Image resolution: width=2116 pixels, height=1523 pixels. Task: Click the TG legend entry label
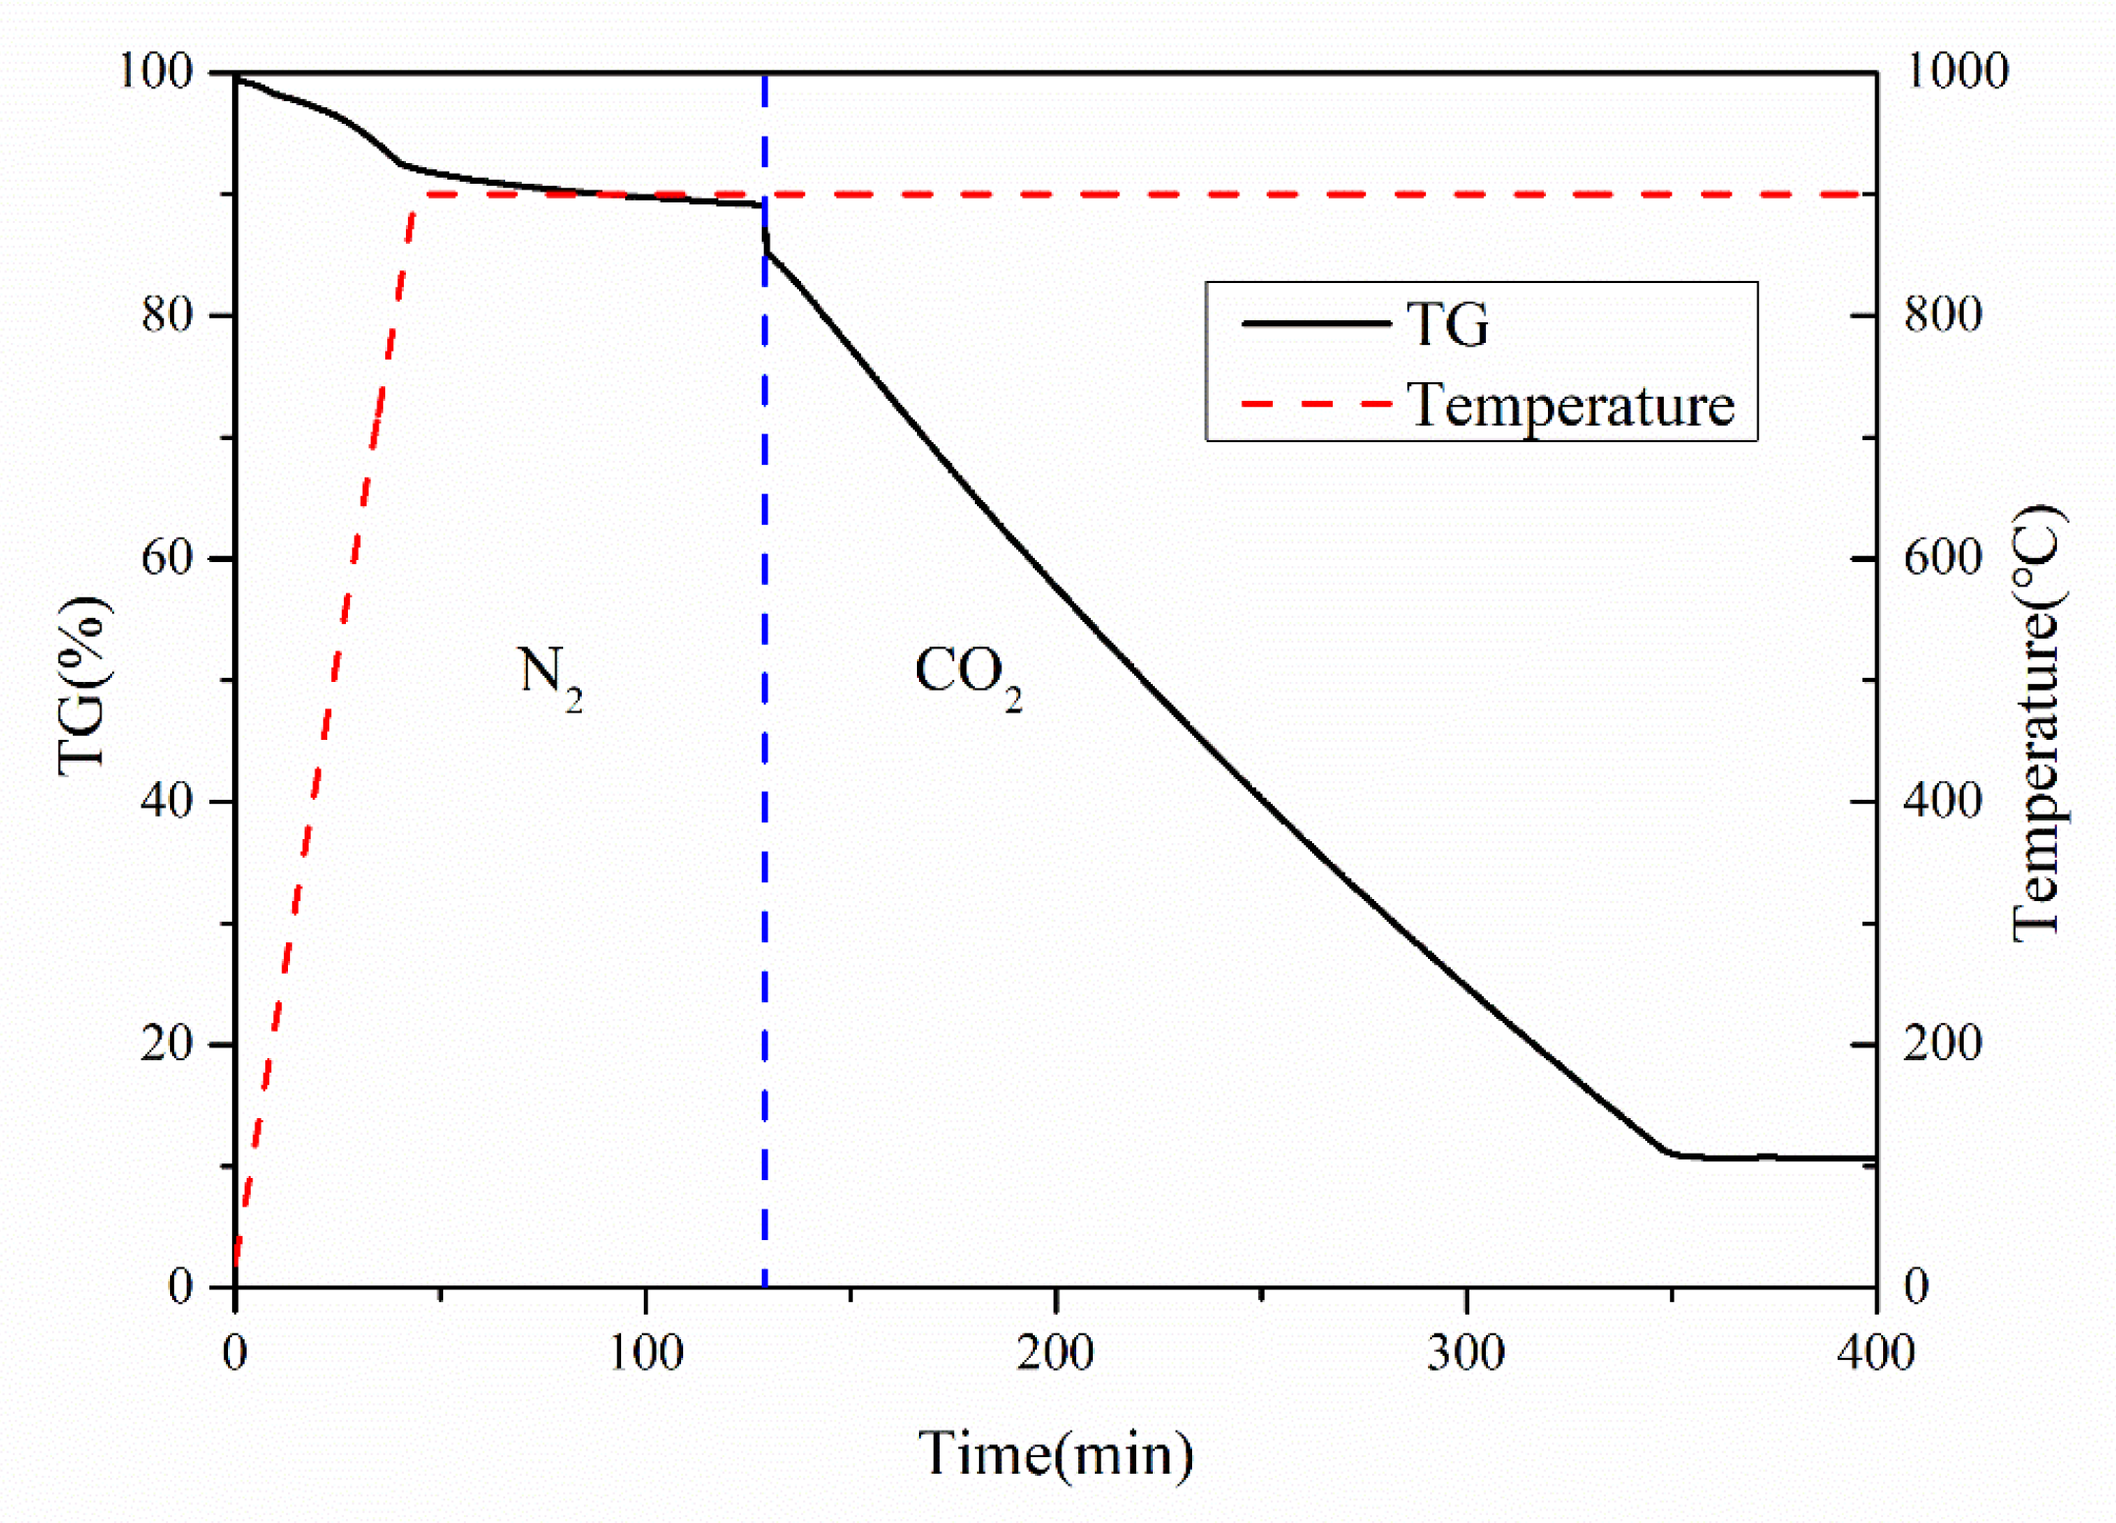1448,324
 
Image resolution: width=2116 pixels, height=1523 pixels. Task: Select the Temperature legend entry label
1571,404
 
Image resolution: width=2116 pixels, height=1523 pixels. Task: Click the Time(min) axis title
1057,1453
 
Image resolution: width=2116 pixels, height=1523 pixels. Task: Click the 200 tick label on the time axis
1056,1353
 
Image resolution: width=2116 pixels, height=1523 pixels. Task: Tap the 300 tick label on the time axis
1466,1353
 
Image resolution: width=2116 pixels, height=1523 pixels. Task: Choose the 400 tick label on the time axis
1875,1353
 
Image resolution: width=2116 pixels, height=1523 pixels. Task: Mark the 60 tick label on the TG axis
167,558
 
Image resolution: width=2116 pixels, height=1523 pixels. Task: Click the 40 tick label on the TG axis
167,801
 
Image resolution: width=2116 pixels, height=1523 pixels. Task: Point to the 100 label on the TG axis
155,72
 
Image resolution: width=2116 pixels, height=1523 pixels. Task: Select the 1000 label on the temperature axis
1956,72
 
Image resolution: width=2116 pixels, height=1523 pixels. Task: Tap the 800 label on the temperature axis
1943,315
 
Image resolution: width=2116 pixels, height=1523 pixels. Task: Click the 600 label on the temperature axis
1943,558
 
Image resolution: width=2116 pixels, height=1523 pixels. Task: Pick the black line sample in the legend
1316,323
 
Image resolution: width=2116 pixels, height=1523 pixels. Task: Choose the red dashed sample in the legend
1316,404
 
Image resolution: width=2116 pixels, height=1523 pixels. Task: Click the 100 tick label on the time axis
646,1353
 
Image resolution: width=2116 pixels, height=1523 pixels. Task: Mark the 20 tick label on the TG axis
167,1044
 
